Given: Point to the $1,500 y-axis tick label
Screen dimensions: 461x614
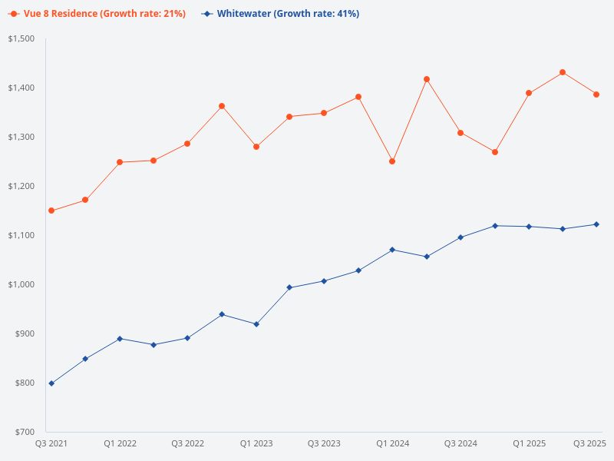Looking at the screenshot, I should (x=21, y=38).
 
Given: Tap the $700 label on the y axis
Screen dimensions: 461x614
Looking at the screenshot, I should (x=25, y=432).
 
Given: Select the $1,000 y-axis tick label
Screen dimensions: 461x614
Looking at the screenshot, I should (x=21, y=284).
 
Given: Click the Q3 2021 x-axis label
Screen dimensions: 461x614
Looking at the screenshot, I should (x=51, y=443).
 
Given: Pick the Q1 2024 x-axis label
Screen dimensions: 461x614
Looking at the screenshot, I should (x=392, y=443).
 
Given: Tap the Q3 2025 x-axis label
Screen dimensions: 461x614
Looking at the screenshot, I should (x=590, y=443).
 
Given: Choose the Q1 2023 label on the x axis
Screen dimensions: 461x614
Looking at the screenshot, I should (x=256, y=443).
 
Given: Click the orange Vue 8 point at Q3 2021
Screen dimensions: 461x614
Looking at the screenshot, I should (x=51, y=211).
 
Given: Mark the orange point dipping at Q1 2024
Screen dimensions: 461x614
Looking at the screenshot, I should (x=392, y=161).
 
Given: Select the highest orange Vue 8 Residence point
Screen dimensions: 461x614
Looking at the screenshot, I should (x=563, y=72).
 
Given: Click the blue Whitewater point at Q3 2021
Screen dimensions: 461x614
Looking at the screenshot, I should (x=51, y=383).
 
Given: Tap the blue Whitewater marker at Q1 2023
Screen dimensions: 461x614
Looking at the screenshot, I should (x=256, y=324).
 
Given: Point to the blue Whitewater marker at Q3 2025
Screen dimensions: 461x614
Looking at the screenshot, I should (x=596, y=224).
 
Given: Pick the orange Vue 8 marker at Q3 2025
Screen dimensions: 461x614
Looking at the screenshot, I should (x=596, y=95).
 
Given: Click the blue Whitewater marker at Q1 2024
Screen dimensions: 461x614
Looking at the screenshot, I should (x=392, y=250).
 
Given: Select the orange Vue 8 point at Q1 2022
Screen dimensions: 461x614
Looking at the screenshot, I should (x=120, y=162).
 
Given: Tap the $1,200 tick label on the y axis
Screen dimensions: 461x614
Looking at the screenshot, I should (x=21, y=186).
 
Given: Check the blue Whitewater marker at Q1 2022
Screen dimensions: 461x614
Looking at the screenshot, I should (x=120, y=339).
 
